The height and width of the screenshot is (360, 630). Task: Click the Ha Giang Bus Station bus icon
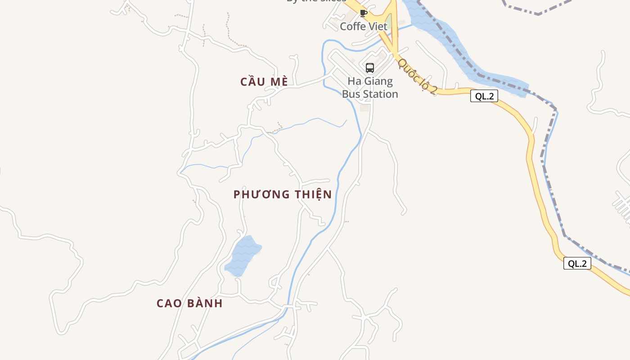tap(370, 68)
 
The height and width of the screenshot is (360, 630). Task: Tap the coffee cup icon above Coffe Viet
tap(364, 13)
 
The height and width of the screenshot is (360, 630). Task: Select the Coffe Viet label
tap(363, 27)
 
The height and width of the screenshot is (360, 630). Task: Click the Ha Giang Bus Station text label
tap(370, 88)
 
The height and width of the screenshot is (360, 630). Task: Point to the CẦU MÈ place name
tap(264, 81)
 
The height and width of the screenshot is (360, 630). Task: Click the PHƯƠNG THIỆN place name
tap(283, 194)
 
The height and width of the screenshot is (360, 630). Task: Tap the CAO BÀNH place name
tap(189, 303)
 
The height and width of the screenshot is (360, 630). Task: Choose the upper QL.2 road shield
tap(484, 96)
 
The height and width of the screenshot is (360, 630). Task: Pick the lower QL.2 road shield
tap(577, 264)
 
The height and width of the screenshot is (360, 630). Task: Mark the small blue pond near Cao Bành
tap(243, 256)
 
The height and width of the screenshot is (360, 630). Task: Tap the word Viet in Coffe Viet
tap(377, 27)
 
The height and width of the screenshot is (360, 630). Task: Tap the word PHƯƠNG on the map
tap(261, 194)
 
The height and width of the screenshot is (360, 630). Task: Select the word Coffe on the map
tap(352, 27)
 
